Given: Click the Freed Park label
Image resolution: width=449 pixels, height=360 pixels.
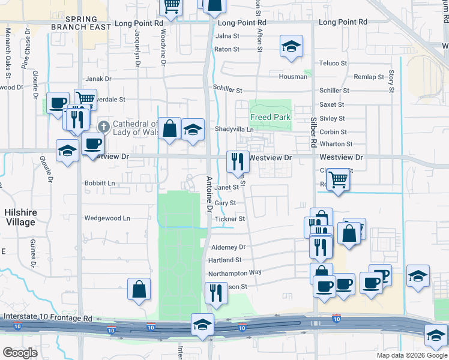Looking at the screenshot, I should tap(271, 117).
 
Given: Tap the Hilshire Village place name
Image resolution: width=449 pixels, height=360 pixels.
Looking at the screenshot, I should tap(20, 217).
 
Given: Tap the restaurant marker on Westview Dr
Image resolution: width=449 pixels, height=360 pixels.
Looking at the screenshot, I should tap(237, 160).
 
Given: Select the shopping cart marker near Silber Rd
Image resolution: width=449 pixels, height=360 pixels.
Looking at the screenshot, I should tap(338, 178).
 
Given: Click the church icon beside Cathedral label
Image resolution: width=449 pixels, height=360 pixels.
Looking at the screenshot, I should tap(103, 126).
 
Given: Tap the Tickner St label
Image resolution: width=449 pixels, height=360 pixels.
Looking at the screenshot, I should tap(229, 219).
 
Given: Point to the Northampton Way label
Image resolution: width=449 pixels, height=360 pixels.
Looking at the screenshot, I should tap(235, 273).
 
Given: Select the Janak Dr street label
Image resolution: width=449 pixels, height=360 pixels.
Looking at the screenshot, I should tap(99, 79).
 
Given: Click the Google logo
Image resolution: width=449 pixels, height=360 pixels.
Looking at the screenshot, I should tap(20, 352).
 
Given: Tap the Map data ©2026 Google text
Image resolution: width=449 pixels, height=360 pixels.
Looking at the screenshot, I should tap(411, 355).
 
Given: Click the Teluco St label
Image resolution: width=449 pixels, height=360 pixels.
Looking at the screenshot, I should tap(333, 63).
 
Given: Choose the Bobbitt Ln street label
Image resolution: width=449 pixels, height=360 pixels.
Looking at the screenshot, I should tap(99, 183).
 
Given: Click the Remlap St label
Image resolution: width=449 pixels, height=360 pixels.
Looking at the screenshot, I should tap(369, 77).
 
